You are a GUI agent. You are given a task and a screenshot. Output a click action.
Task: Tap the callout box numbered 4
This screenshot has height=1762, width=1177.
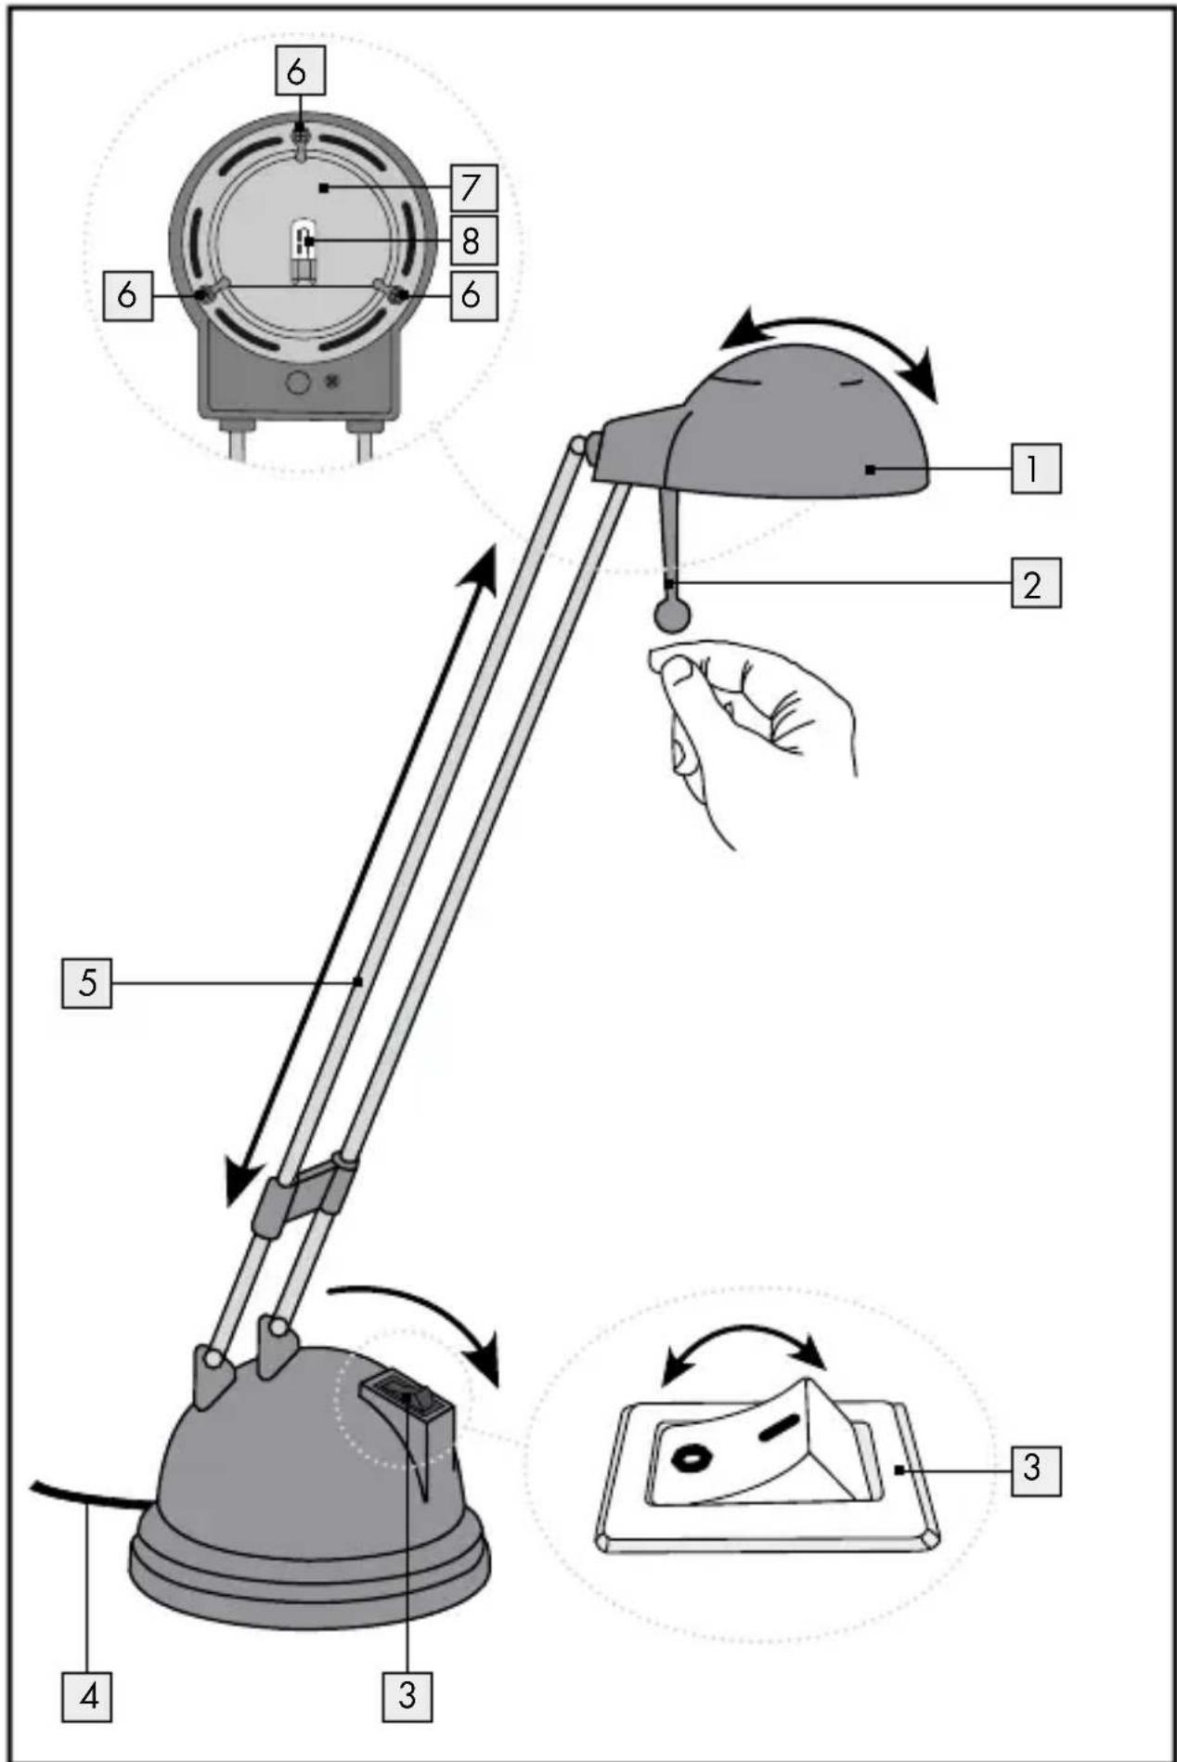pos(87,1696)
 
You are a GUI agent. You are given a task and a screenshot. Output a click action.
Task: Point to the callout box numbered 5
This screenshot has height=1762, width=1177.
pos(87,982)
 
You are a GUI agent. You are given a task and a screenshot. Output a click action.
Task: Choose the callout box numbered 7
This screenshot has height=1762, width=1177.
pos(472,188)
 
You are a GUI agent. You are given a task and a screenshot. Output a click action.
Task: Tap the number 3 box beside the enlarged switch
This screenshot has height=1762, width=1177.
pos(1035,1468)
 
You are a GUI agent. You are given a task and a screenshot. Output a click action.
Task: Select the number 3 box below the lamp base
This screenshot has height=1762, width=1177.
pos(407,1696)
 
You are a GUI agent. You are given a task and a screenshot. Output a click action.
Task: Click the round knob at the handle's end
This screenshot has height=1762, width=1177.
pos(673,615)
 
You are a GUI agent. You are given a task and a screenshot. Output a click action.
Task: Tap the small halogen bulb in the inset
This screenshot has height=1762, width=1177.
pos(303,249)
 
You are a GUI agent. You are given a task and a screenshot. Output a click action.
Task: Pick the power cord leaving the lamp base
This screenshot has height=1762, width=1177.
pos(88,1496)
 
